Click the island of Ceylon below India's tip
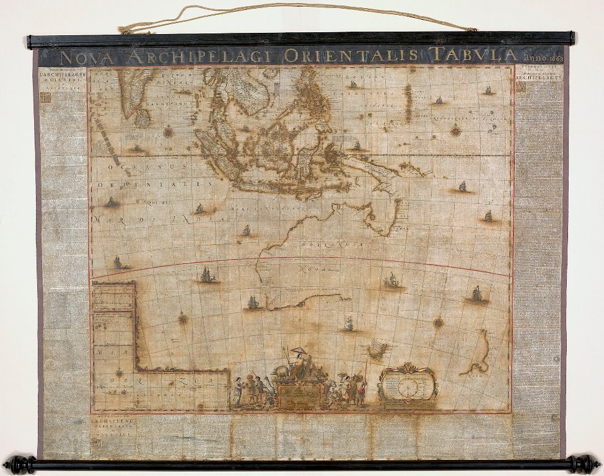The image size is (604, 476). pos(142,118)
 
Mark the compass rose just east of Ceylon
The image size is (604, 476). pos(168,131)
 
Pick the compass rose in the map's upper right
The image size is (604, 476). pos(456,130)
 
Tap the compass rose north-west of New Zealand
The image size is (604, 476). pos(438,322)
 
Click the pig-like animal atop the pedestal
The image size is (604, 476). pos(281,371)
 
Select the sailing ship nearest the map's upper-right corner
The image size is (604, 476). pos(488,90)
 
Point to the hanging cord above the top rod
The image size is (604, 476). pos(297,7)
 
